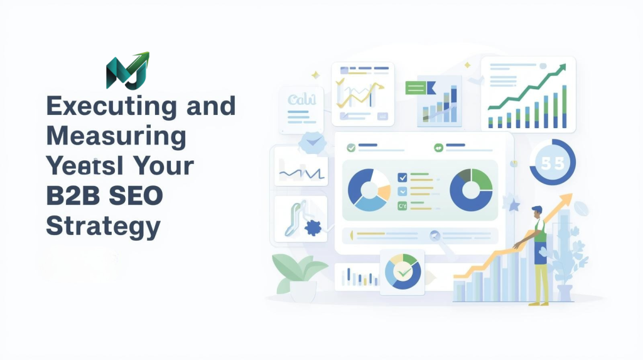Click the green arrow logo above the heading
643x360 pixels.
[127, 70]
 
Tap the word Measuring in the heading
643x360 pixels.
[116, 136]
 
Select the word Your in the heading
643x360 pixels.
[163, 166]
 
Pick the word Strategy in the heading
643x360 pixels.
[103, 226]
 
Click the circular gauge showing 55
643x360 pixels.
[553, 162]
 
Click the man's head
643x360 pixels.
[536, 212]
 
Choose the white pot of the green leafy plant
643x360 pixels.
[303, 290]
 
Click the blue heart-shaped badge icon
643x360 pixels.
[311, 142]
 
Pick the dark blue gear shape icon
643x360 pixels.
[312, 227]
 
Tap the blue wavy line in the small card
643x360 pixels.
[301, 170]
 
